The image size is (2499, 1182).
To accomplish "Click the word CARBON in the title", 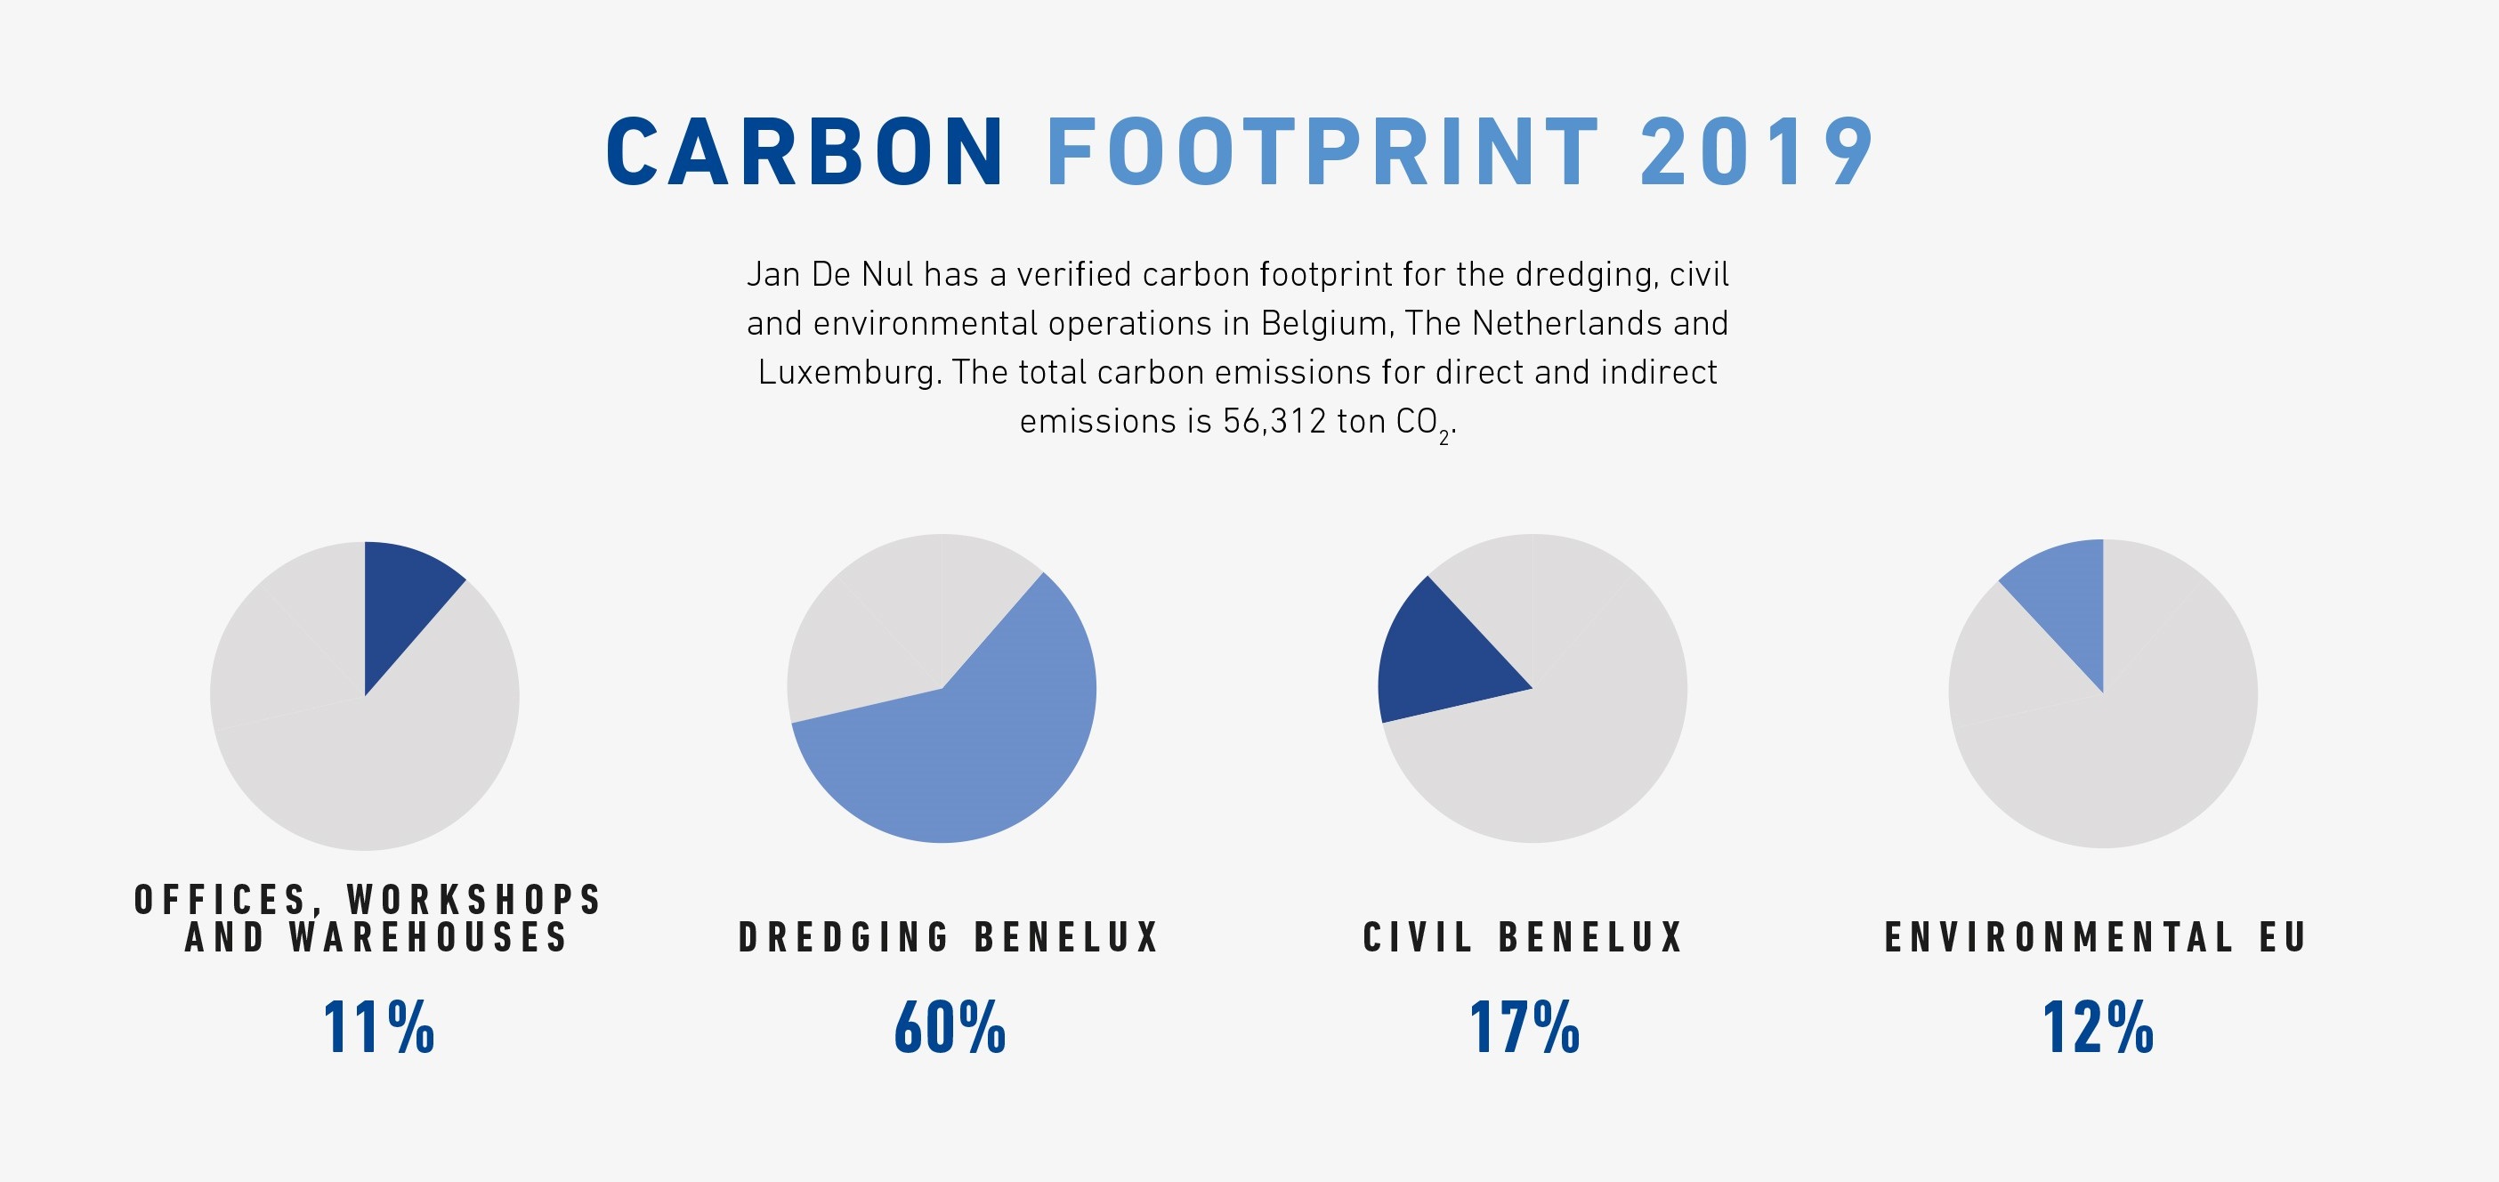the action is pos(805,151).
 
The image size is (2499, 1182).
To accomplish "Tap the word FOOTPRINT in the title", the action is pos(1322,151).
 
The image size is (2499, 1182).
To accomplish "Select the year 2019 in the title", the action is pos(1757,151).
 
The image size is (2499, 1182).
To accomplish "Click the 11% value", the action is pos(378,1028).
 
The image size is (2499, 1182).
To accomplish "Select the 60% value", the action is pos(950,1028).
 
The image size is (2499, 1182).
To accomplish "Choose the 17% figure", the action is pos(1525,1028).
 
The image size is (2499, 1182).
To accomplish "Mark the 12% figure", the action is pos(2099,1028).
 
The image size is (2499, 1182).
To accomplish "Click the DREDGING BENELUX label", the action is pos(949,937).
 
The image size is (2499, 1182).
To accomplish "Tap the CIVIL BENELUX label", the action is pos(1523,937).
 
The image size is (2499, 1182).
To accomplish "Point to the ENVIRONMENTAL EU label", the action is pos(2096,937).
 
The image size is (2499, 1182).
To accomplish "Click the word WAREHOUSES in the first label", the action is pos(428,937).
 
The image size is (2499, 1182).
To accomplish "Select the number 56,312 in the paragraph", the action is pos(1274,421).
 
